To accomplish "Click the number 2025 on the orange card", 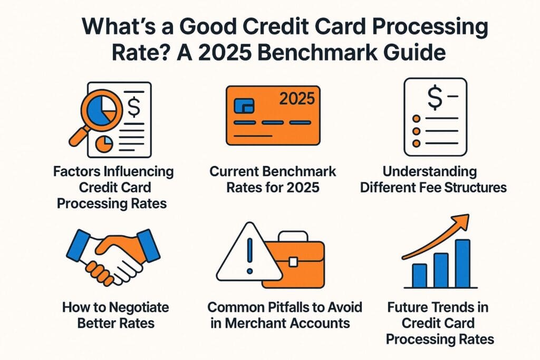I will pos(296,98).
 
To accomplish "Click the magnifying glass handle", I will pos(78,135).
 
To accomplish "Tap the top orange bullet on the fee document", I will pos(417,119).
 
